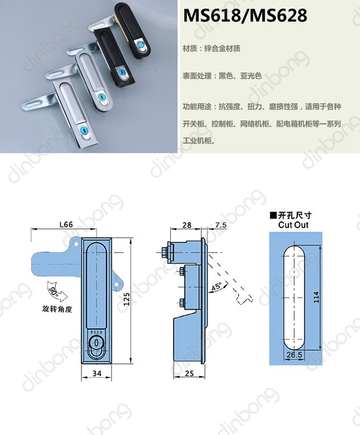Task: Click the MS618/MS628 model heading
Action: [245, 15]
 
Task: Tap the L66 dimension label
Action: [66, 224]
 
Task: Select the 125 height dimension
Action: [127, 299]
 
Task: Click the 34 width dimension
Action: [97, 373]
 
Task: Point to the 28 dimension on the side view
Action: [187, 225]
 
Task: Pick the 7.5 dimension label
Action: [221, 225]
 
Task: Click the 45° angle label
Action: [216, 287]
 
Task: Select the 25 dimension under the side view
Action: [189, 373]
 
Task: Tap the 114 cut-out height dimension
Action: [316, 297]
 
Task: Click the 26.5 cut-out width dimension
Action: [294, 355]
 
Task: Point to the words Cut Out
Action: [293, 225]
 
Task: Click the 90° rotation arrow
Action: [57, 292]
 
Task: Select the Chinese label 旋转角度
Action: [57, 309]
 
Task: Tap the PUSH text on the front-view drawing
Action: [96, 332]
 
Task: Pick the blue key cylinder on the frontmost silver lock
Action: [84, 131]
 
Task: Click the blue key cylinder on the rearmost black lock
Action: [139, 44]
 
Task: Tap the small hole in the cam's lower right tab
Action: [117, 285]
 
